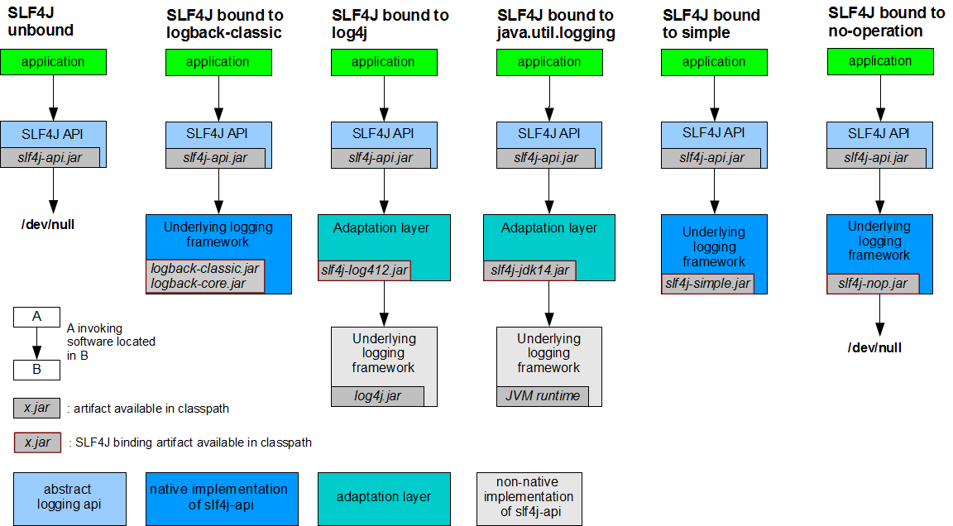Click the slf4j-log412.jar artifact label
[364, 270]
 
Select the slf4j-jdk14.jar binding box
[529, 270]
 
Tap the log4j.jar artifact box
[377, 396]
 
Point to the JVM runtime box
[543, 396]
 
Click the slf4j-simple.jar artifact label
[706, 284]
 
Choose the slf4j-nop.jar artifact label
[872, 284]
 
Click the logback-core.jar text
[198, 284]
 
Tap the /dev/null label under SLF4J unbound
[47, 224]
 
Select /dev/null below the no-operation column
[874, 347]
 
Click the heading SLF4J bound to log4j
[390, 24]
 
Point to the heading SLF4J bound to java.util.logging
[556, 24]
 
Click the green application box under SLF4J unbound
[54, 62]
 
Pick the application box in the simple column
[714, 62]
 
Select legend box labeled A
[36, 317]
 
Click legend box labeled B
[36, 370]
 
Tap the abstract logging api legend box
[69, 497]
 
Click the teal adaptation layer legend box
[384, 497]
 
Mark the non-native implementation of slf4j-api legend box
[529, 497]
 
